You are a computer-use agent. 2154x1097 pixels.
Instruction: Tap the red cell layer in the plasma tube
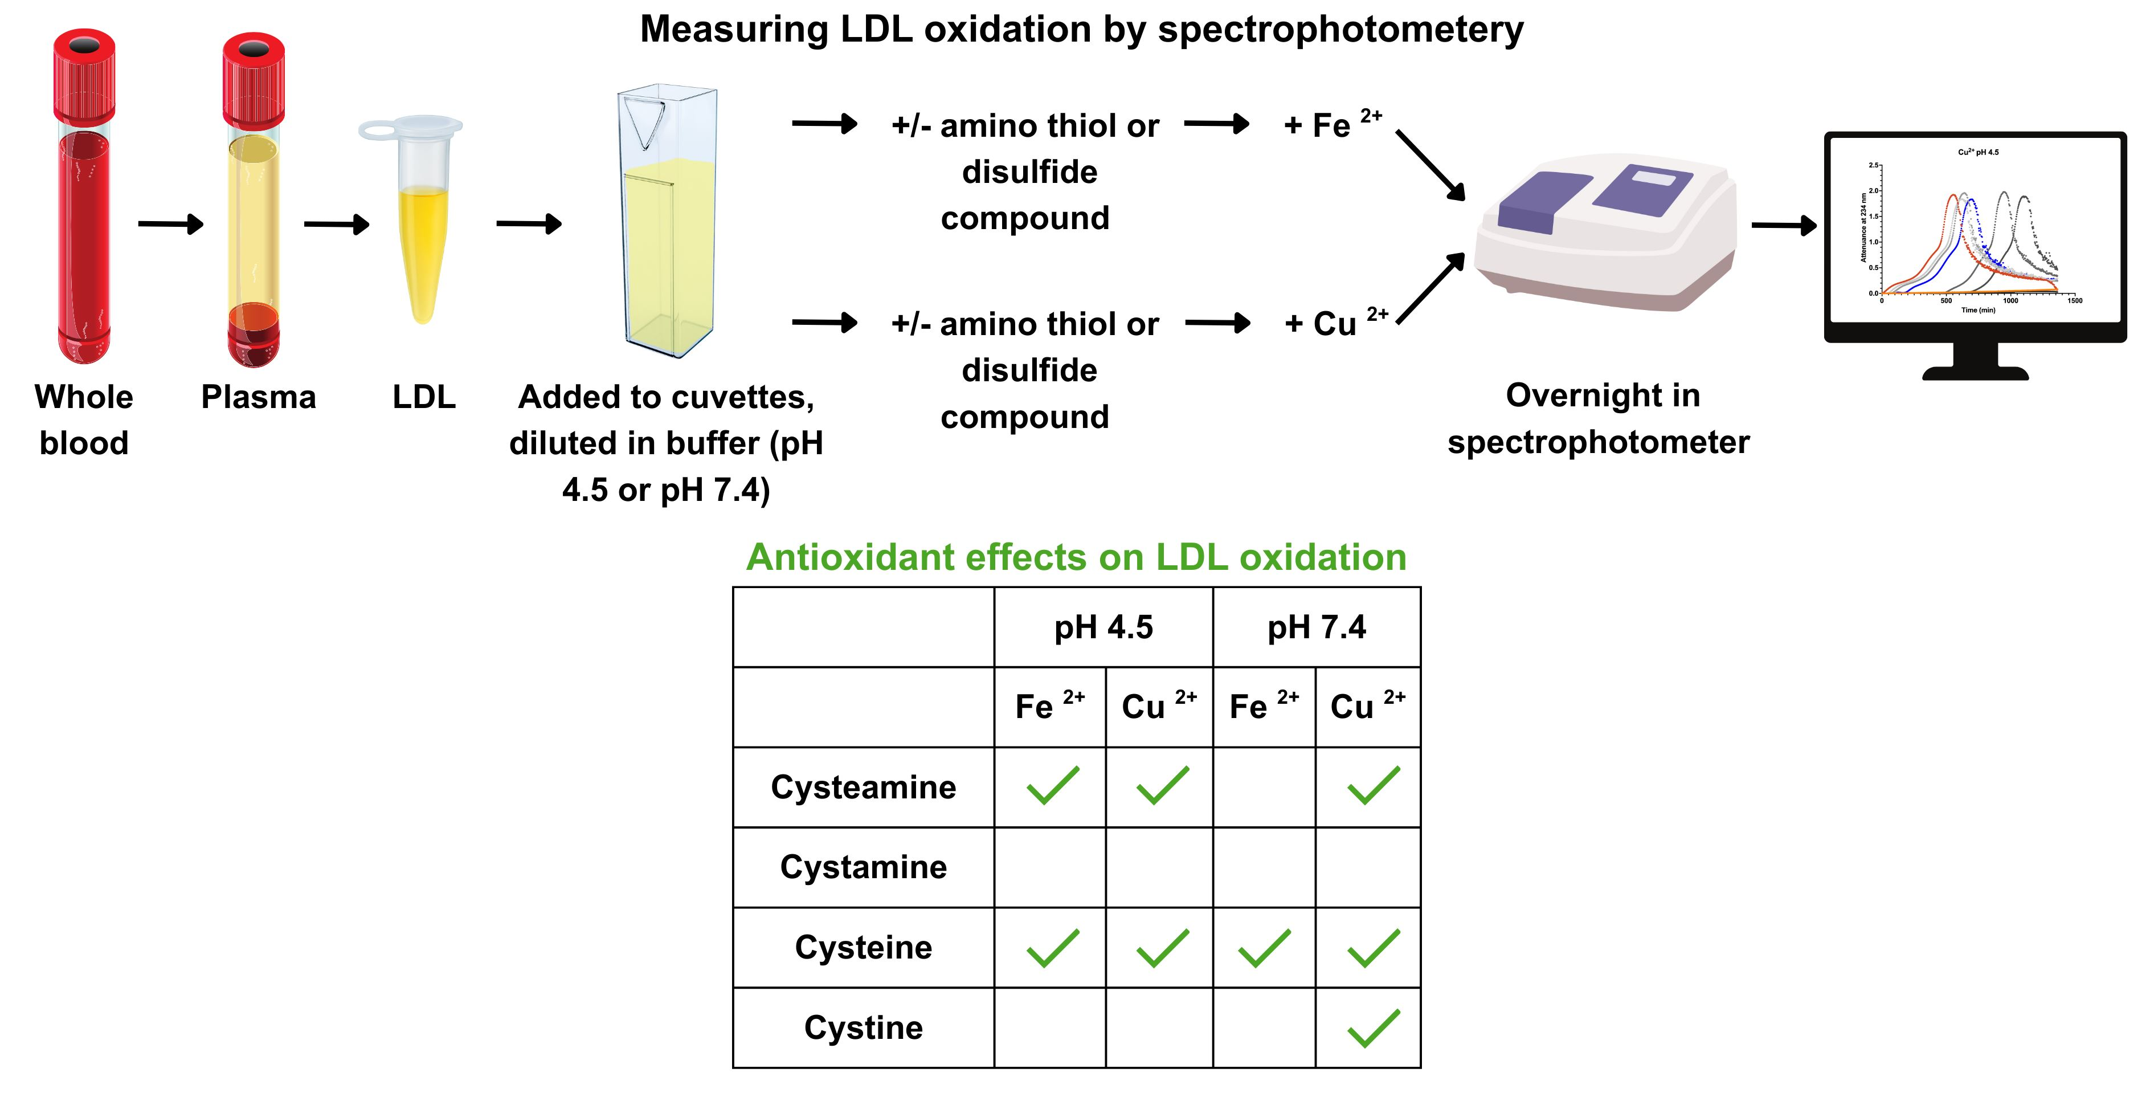(254, 331)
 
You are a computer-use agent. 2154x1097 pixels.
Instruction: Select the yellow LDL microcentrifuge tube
(422, 234)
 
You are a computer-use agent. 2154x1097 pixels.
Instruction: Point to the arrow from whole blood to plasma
(170, 224)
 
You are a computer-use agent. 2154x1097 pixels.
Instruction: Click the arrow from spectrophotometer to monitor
(1784, 225)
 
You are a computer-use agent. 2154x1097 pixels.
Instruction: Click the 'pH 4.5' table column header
(1103, 627)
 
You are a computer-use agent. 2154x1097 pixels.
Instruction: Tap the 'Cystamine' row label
(863, 867)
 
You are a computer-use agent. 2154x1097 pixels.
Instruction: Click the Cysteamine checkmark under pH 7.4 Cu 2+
(1373, 786)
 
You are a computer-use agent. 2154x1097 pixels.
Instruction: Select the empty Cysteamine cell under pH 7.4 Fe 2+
(1264, 787)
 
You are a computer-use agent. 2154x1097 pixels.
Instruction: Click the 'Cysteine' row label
(863, 947)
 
